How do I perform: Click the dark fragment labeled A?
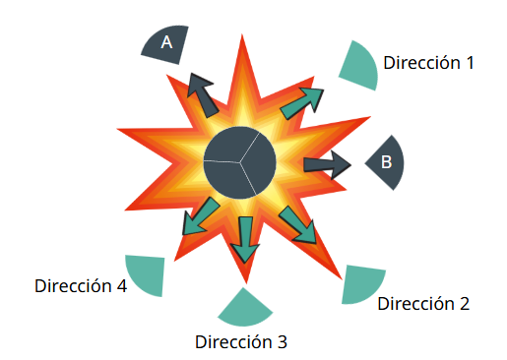pos(166,43)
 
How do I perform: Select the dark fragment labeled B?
pos(387,162)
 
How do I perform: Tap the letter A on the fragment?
pos(166,42)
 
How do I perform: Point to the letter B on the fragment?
pos(386,161)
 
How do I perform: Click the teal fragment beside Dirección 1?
pos(361,66)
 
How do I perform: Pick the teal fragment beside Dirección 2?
pos(360,284)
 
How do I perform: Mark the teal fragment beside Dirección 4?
pos(147,274)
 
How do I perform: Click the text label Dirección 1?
pos(428,62)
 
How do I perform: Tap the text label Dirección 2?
pos(423,304)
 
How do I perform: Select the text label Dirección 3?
pos(241,342)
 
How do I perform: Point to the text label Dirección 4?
pos(81,286)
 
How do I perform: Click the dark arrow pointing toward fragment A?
pos(202,95)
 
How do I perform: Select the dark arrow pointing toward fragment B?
pos(327,164)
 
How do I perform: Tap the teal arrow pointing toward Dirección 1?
pos(302,103)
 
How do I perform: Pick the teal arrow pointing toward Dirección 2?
pos(297,225)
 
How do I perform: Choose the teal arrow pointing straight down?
pos(245,239)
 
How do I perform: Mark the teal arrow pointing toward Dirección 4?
pos(200,216)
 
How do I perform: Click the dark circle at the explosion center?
pos(240,162)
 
